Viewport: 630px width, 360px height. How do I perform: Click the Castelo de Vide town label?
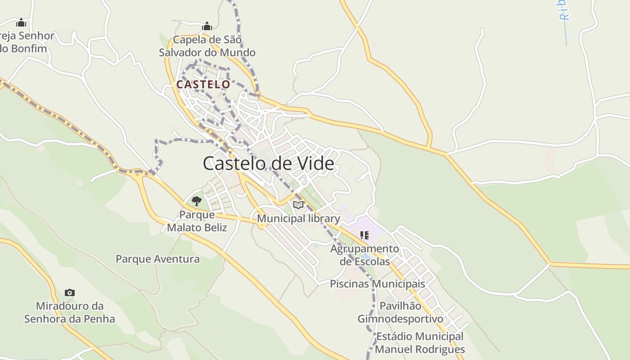[x=268, y=163]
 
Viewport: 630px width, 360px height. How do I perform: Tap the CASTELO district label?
[x=203, y=85]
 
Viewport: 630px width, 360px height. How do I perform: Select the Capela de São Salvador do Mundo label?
[x=207, y=46]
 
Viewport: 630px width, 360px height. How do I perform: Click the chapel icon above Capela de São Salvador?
[x=207, y=26]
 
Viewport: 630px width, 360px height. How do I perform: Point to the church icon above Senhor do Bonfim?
[x=21, y=22]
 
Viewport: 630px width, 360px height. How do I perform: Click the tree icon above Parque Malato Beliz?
[x=196, y=201]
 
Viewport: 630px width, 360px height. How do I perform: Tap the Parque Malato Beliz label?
[x=197, y=221]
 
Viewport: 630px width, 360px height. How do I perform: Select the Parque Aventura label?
[x=157, y=259]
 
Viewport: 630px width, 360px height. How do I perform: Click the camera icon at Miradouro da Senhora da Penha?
[x=69, y=292]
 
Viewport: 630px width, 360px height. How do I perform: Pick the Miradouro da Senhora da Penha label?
[x=69, y=312]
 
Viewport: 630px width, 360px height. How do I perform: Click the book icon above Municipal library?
[x=298, y=205]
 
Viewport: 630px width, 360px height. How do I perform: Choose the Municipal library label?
[x=298, y=219]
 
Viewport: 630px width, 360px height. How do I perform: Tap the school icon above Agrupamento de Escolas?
[x=364, y=235]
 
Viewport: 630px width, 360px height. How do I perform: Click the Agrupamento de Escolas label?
[x=364, y=255]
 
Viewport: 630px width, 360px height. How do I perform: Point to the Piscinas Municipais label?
[x=377, y=284]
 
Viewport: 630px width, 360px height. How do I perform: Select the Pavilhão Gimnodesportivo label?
[x=400, y=312]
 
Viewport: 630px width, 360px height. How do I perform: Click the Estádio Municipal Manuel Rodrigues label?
[x=419, y=342]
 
